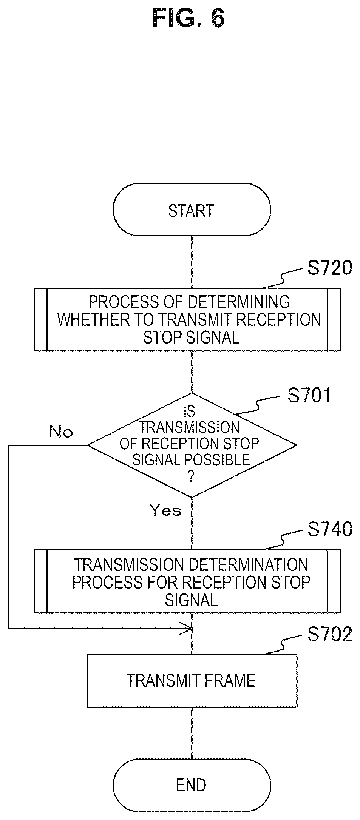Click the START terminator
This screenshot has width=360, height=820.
[192, 210]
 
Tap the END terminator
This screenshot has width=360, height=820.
[192, 785]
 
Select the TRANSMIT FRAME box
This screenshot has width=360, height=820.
[192, 680]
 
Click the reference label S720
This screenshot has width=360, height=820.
[330, 268]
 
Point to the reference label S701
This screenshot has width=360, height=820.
[309, 395]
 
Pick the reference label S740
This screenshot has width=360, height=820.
[330, 529]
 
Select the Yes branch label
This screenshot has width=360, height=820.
[165, 510]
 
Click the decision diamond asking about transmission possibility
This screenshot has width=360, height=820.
[192, 445]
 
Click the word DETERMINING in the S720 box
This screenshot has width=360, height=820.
[239, 302]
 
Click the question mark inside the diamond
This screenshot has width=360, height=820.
[191, 477]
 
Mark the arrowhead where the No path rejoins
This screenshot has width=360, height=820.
[188, 628]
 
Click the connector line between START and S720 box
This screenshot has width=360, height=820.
[192, 262]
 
